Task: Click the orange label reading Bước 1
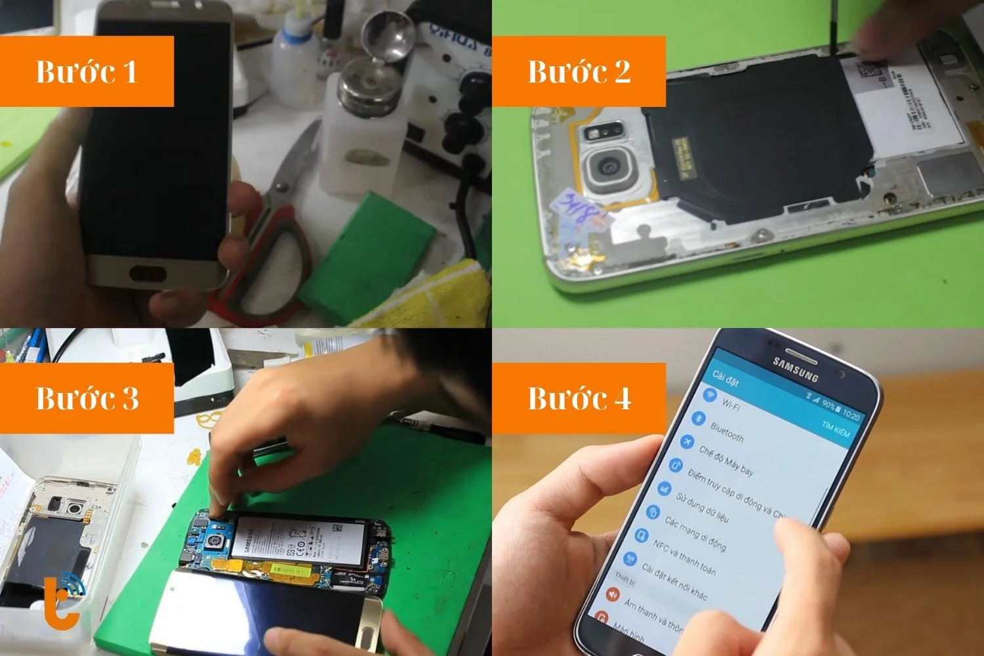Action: [x=87, y=72]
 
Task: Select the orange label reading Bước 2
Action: [x=579, y=72]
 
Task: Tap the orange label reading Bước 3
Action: [x=87, y=398]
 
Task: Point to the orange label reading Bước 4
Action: [x=579, y=398]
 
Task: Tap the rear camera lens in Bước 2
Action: [x=611, y=169]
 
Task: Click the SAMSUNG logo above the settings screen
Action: [x=795, y=369]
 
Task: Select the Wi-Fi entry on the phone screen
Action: [x=729, y=403]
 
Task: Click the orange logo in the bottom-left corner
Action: [x=64, y=598]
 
